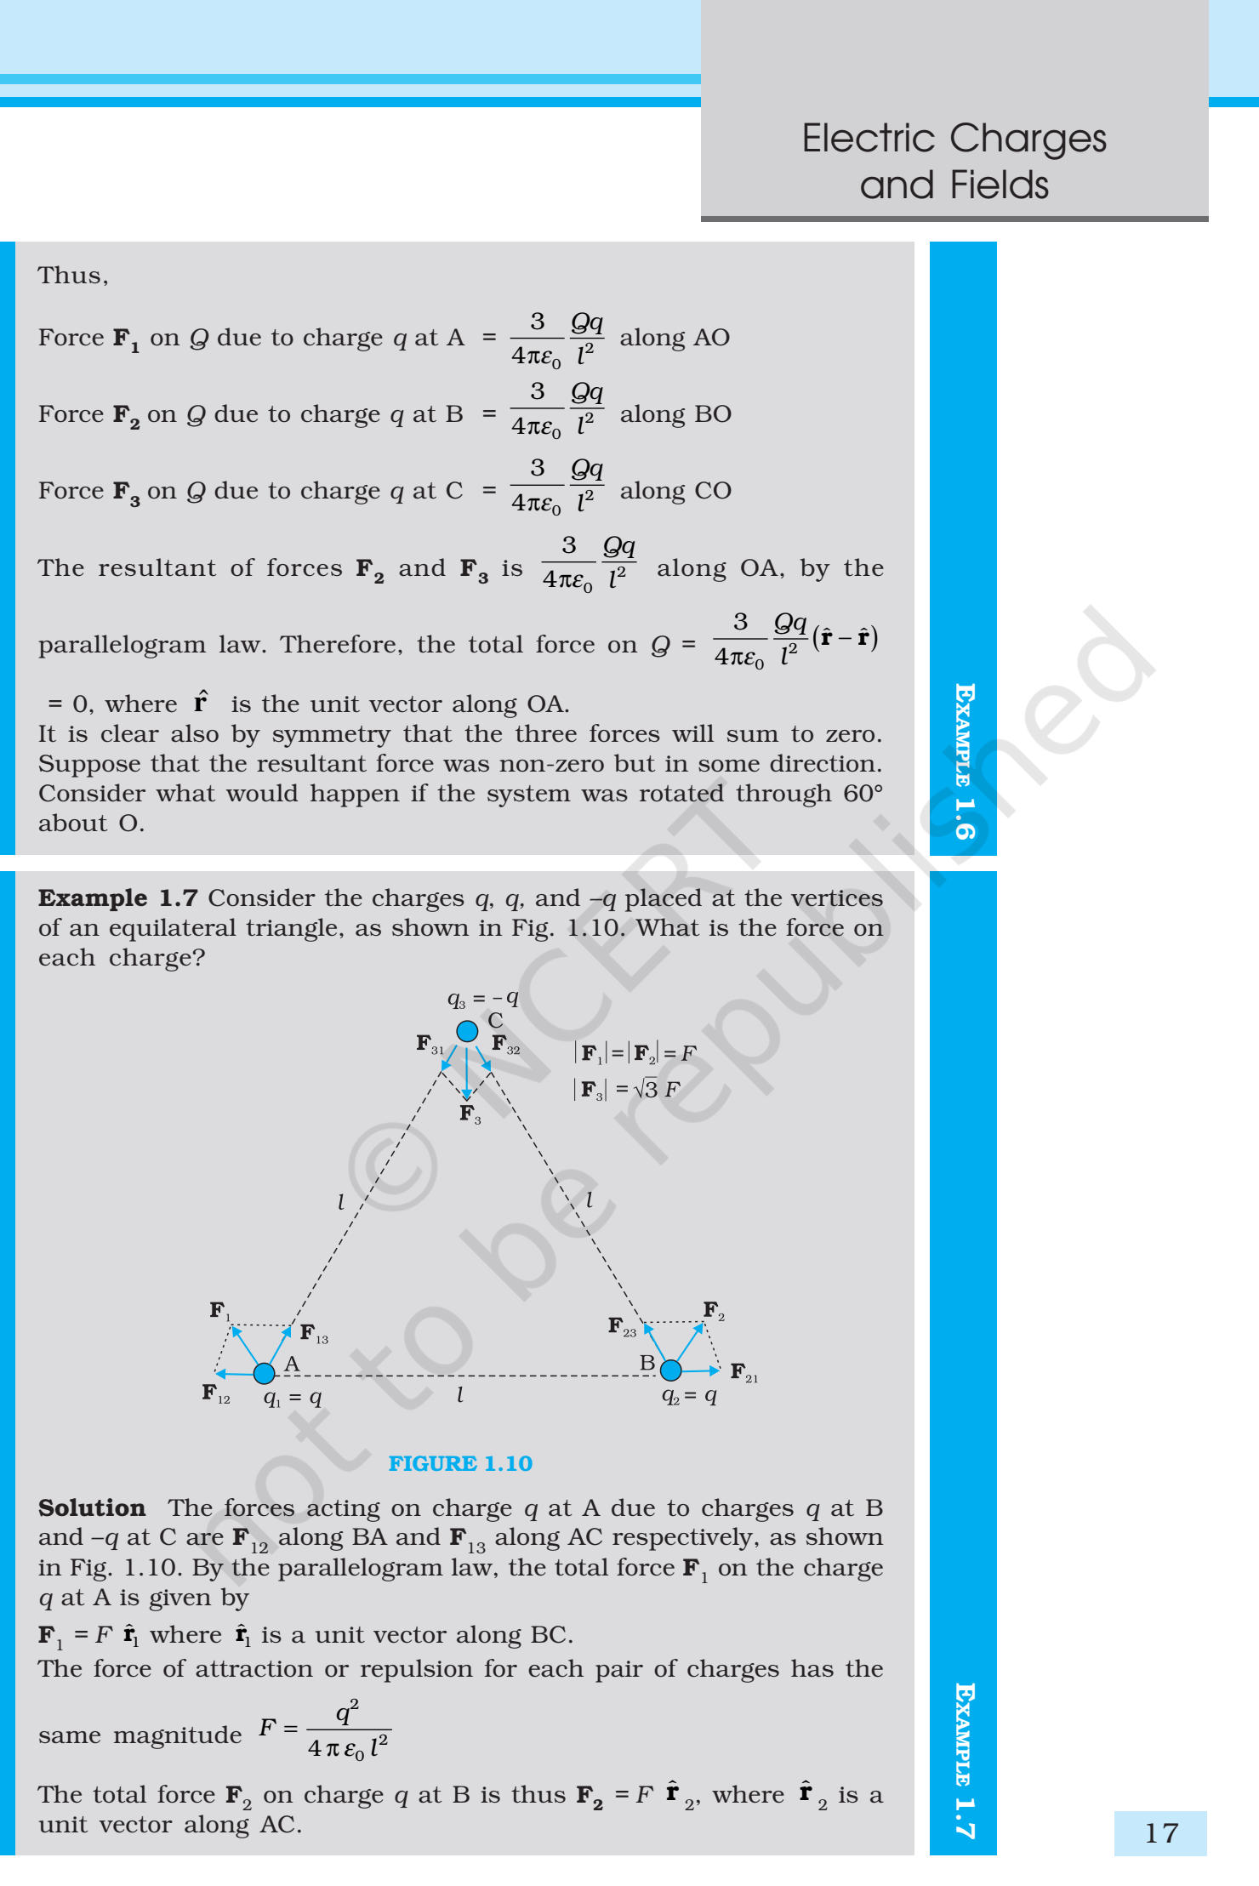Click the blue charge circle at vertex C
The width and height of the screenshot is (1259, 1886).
[x=467, y=1031]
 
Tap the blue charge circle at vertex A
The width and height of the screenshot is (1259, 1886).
[x=265, y=1372]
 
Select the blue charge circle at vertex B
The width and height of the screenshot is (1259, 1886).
[x=670, y=1370]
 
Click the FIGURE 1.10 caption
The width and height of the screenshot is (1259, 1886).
[x=460, y=1463]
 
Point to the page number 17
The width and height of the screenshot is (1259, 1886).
[x=1161, y=1832]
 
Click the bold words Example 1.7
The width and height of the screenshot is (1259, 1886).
[x=117, y=898]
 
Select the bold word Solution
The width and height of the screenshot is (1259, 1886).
[x=92, y=1507]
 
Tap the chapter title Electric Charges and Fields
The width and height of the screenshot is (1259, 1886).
[x=954, y=161]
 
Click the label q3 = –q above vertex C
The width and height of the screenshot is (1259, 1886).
[x=482, y=998]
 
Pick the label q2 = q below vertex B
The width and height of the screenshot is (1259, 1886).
[x=689, y=1395]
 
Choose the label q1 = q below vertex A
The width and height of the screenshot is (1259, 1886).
[x=293, y=1397]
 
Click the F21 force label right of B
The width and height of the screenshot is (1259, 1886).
[x=743, y=1371]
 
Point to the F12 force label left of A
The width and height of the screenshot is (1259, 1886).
[x=215, y=1393]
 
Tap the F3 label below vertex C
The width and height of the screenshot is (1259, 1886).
[x=470, y=1114]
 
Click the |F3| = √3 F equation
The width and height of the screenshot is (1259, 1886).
[x=628, y=1089]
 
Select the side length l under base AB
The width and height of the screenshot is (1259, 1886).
[x=460, y=1394]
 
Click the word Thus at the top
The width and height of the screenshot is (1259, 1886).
[x=73, y=276]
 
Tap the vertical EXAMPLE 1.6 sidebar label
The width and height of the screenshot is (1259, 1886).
[x=964, y=761]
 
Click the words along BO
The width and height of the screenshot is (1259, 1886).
[x=675, y=414]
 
